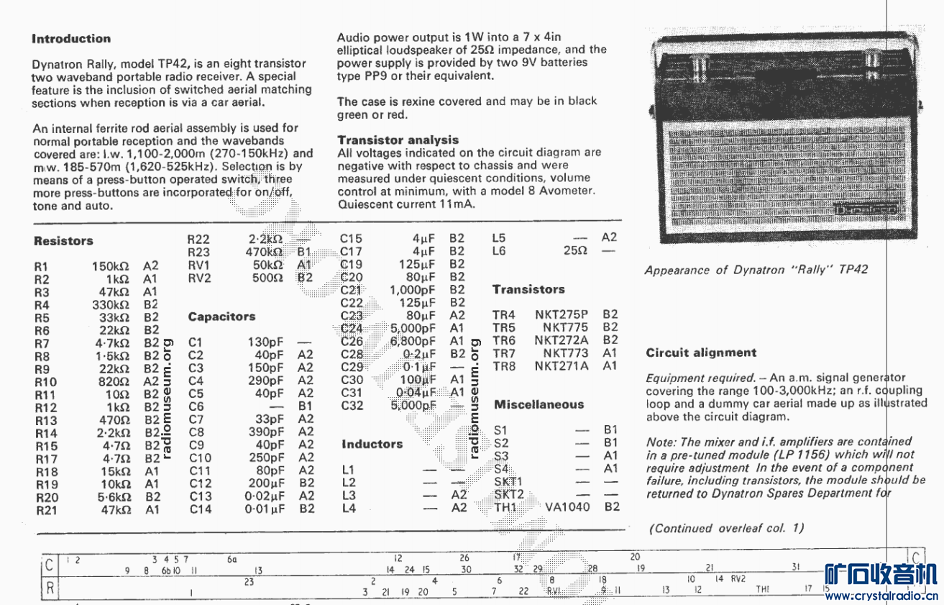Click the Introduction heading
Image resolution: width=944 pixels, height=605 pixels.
(x=71, y=39)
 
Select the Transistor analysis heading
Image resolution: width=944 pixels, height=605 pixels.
(x=398, y=140)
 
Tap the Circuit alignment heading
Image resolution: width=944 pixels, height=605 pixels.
(x=701, y=352)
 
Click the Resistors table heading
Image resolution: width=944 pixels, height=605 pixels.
(x=63, y=241)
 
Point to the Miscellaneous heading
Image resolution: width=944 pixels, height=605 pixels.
(x=539, y=404)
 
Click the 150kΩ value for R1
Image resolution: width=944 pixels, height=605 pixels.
(x=111, y=266)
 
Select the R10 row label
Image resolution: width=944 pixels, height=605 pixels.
(x=45, y=382)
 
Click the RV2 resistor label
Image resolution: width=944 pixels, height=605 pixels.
(x=199, y=278)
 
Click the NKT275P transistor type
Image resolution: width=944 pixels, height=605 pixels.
(x=561, y=314)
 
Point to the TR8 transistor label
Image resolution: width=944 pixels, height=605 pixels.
(x=504, y=366)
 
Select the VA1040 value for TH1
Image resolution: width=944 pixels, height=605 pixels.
(x=567, y=507)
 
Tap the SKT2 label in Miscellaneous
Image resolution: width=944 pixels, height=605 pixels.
(x=508, y=494)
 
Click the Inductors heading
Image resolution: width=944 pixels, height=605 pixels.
(x=372, y=444)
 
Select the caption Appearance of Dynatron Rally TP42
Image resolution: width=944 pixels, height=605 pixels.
(x=756, y=270)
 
